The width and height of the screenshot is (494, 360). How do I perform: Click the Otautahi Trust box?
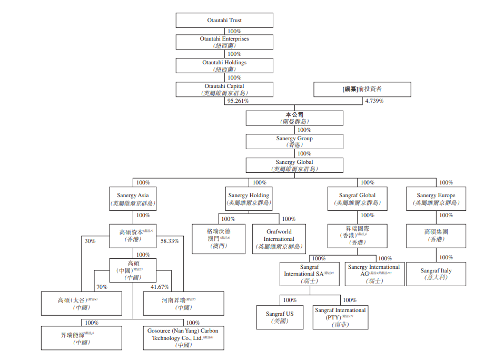pos(224,21)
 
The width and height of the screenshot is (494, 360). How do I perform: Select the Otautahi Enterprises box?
pos(224,42)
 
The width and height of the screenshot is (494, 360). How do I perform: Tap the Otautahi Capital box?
pos(224,90)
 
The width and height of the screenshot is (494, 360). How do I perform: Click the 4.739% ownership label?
pos(374,101)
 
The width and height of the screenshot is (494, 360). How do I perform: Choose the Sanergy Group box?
pos(294,141)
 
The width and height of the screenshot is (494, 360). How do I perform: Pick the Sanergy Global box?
pos(294,166)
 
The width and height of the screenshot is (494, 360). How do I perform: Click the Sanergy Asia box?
pos(132,199)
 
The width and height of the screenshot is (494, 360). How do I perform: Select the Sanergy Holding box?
pos(249,199)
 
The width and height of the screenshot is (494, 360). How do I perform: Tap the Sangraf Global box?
pos(357,199)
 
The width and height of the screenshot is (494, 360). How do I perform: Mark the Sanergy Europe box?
pos(436,199)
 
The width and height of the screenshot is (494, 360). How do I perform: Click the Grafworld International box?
pos(279,239)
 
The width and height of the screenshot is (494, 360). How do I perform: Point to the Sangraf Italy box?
pos(436,274)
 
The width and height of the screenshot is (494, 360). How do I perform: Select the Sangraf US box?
pos(280,317)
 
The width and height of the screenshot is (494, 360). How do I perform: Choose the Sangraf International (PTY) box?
pos(340,317)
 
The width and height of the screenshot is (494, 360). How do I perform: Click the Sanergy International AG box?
pos(374,274)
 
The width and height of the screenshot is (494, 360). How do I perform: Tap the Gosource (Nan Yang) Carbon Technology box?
pos(183,338)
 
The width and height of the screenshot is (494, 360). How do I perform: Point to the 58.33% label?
pos(170,241)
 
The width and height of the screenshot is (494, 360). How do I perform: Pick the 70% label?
pos(102,287)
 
